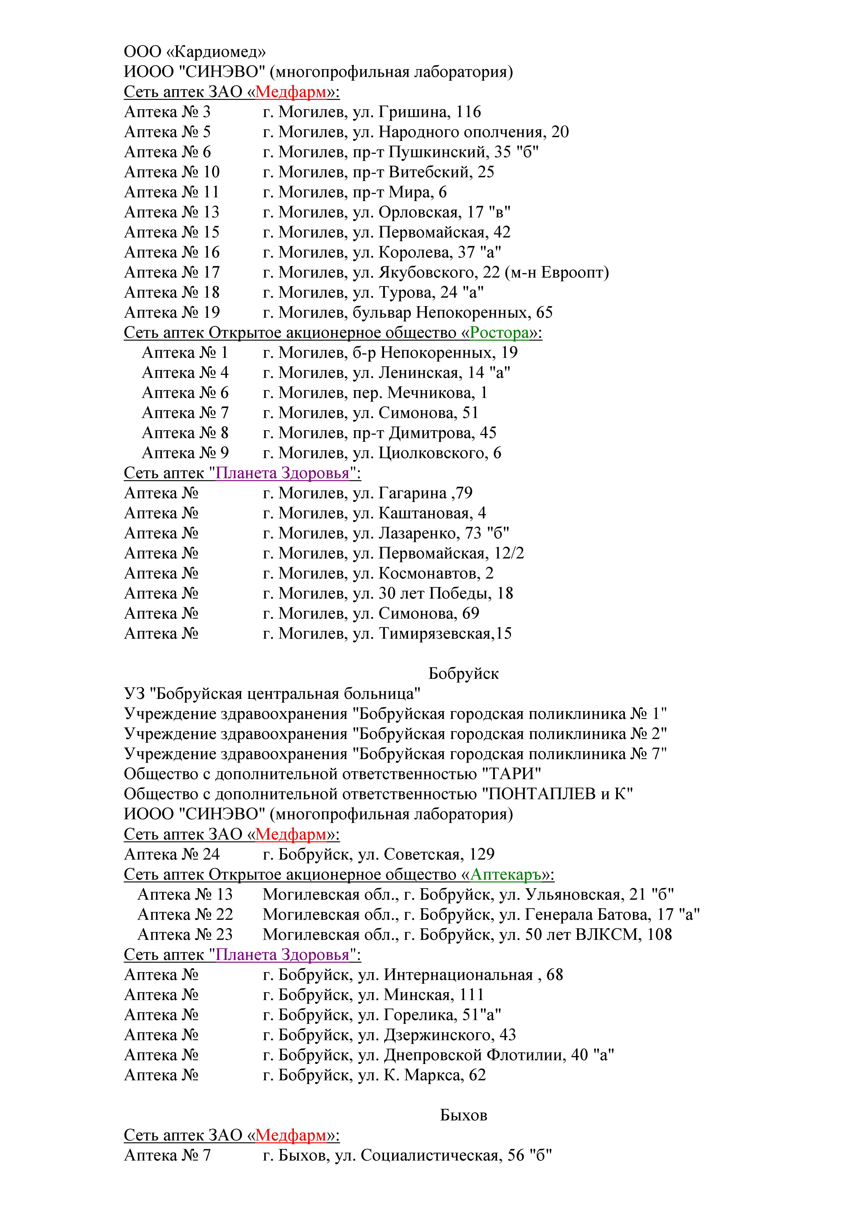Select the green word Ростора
click(x=499, y=333)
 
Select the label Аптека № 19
click(x=172, y=312)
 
